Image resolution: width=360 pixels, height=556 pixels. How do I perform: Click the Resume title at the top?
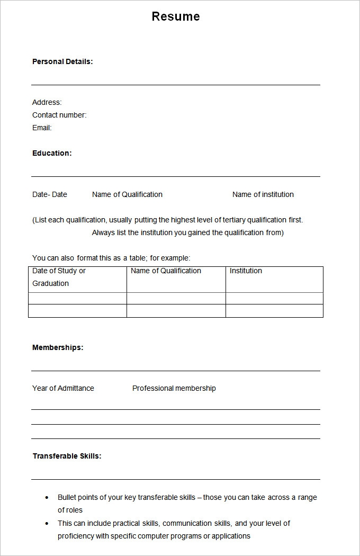point(176,16)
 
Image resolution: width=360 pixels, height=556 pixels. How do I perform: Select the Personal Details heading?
point(62,61)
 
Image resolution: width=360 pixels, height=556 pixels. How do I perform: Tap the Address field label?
point(47,102)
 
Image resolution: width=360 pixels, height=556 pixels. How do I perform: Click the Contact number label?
point(59,115)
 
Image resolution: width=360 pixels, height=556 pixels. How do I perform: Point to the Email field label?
point(42,128)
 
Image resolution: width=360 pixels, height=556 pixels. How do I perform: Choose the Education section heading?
point(52,153)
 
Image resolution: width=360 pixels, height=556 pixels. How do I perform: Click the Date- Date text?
point(50,194)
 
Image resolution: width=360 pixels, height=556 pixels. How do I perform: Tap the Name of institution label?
point(263,194)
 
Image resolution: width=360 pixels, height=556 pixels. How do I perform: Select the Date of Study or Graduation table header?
point(59,277)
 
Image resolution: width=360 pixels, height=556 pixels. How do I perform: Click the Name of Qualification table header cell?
point(166,271)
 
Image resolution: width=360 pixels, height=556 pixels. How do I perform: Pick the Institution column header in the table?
point(246,271)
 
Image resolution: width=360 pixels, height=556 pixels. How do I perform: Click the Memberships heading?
point(58,347)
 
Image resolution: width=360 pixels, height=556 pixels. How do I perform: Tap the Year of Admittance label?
point(63,388)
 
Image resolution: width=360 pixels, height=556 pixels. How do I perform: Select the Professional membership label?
point(174,388)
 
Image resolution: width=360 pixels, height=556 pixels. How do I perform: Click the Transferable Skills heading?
point(67,456)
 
